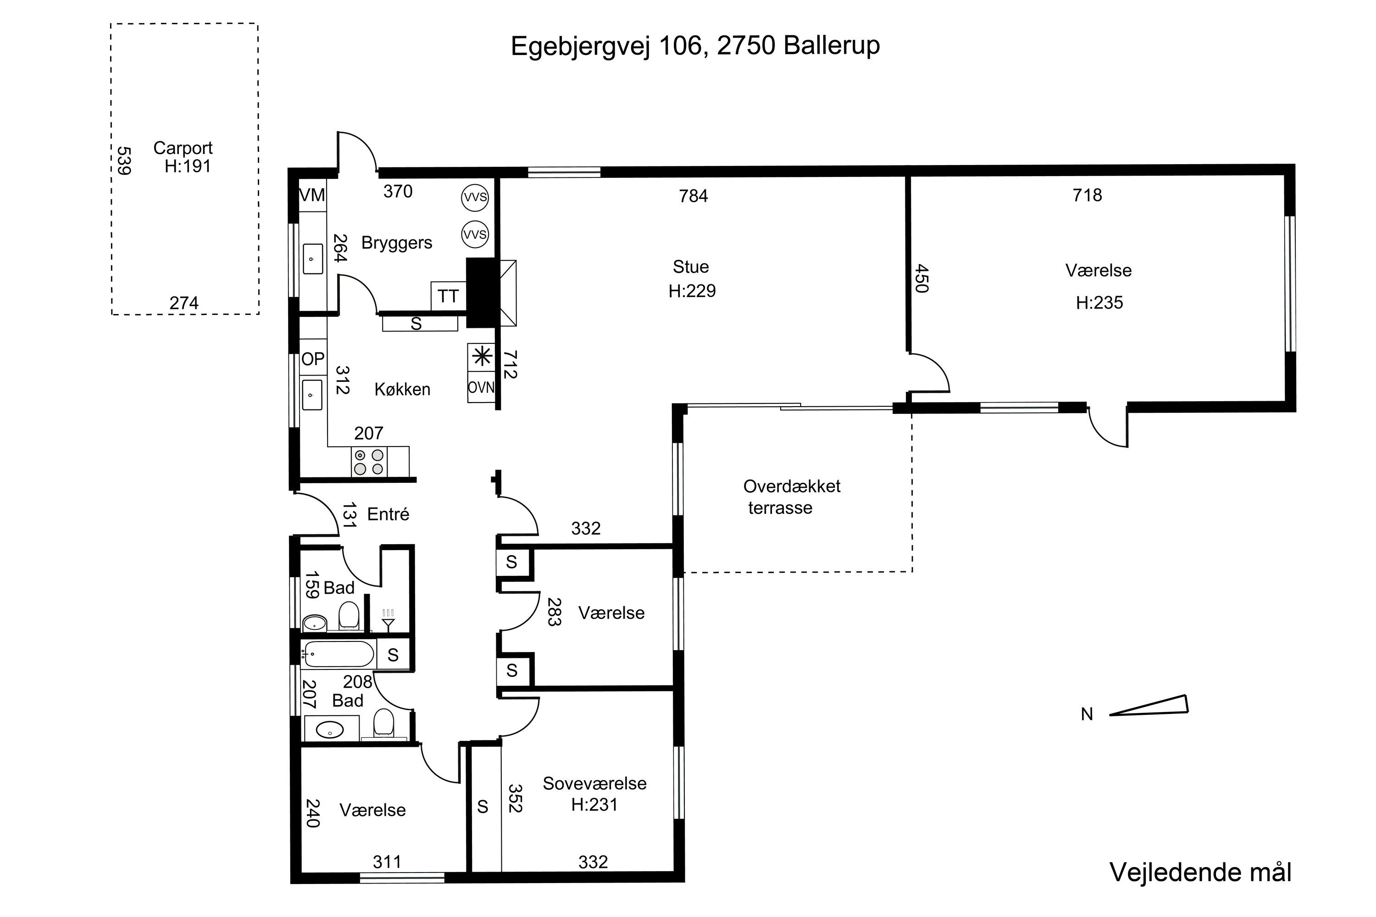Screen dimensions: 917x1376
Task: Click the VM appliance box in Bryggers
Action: coord(312,195)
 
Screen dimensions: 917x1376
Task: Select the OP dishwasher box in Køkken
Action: coord(313,359)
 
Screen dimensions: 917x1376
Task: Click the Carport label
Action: coord(183,148)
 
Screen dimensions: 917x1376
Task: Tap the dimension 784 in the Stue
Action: coord(693,196)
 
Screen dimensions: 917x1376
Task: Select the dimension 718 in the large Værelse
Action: coord(1087,195)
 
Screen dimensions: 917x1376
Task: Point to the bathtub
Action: coord(338,654)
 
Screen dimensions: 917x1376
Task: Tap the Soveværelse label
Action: coord(594,784)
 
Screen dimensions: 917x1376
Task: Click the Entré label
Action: coord(388,514)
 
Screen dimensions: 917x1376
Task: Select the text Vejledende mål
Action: coord(1200,872)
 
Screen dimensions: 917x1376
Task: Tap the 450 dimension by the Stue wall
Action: coord(921,279)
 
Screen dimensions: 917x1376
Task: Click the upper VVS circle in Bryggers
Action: coord(474,197)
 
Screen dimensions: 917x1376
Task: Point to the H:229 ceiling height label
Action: coord(692,291)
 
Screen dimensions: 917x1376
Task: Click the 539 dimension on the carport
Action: coord(123,161)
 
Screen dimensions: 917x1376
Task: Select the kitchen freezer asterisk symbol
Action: coord(482,356)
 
